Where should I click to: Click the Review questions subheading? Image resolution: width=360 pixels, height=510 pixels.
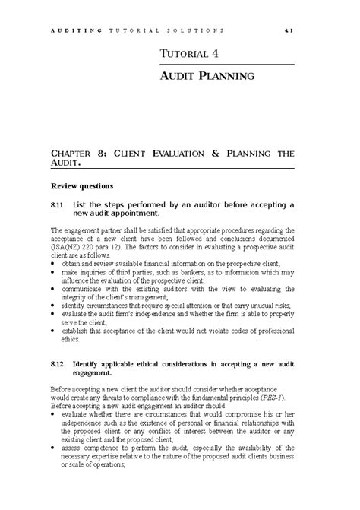[x=81, y=185]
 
